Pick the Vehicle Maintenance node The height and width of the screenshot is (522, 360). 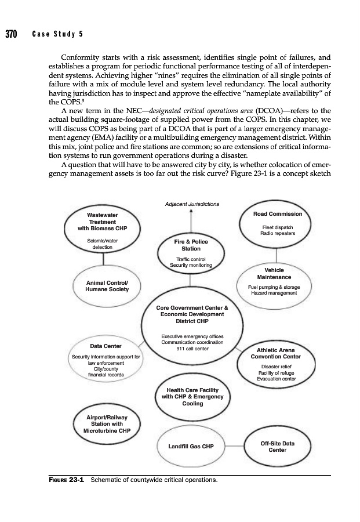278,282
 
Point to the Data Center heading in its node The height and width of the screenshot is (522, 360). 105,346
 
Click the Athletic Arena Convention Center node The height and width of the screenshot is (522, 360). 278,364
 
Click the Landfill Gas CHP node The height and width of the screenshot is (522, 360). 191,447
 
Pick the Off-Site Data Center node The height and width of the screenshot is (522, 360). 278,447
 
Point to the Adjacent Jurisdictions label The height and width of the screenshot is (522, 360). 192,204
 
